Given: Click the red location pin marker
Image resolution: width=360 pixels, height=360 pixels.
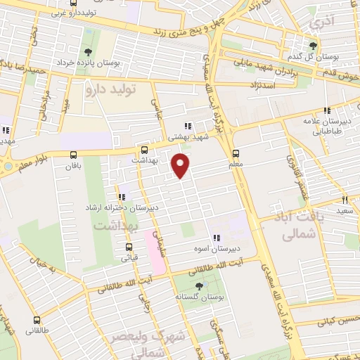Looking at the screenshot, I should (181, 165).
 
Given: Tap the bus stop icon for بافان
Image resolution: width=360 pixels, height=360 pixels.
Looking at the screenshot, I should (74, 155).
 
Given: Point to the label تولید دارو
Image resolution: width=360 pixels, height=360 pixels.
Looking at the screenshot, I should (109, 89).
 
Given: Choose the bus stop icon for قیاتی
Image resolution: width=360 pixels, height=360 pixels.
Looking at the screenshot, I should (129, 247).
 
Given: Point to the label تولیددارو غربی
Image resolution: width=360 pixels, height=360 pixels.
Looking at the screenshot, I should (77, 13).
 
